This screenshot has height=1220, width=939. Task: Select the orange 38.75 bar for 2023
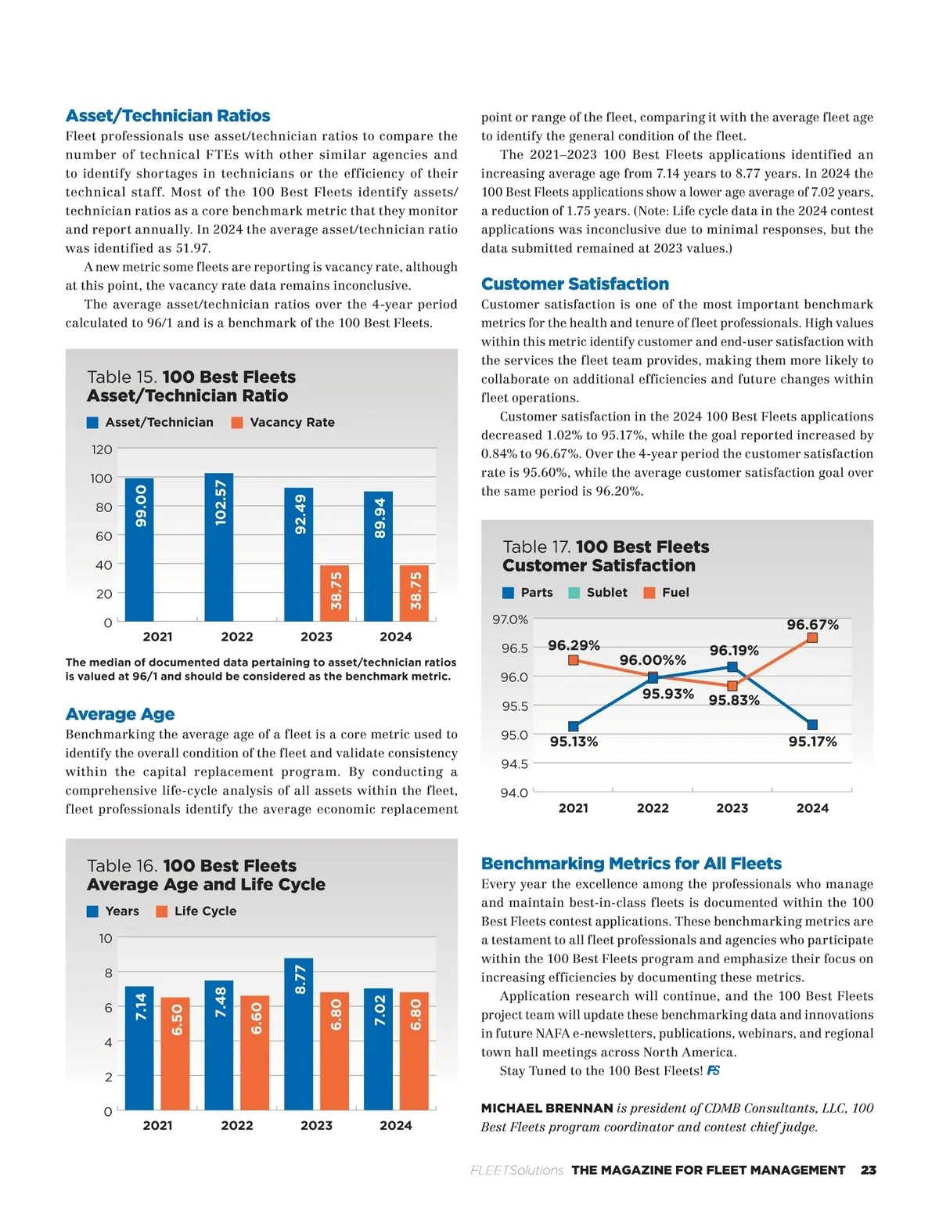335,593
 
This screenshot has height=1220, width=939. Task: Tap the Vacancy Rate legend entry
282,423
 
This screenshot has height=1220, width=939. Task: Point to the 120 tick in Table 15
102,449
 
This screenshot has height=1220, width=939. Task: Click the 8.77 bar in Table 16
298,1033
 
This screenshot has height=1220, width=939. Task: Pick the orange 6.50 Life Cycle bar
175,1053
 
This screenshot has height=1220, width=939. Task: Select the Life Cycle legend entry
196,911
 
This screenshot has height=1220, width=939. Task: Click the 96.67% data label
812,625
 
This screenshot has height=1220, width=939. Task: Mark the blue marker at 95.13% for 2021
574,727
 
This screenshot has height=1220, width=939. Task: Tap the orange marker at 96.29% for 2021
574,660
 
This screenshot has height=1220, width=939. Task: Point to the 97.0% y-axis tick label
510,620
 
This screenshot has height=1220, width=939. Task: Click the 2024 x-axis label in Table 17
812,808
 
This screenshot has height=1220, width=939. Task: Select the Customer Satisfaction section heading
575,284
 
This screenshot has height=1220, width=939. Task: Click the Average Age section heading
120,714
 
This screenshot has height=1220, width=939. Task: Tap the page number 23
868,1170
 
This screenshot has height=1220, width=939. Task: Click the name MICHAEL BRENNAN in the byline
546,1108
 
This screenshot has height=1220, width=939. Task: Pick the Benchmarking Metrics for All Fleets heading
631,864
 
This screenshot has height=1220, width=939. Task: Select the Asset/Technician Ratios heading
167,116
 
